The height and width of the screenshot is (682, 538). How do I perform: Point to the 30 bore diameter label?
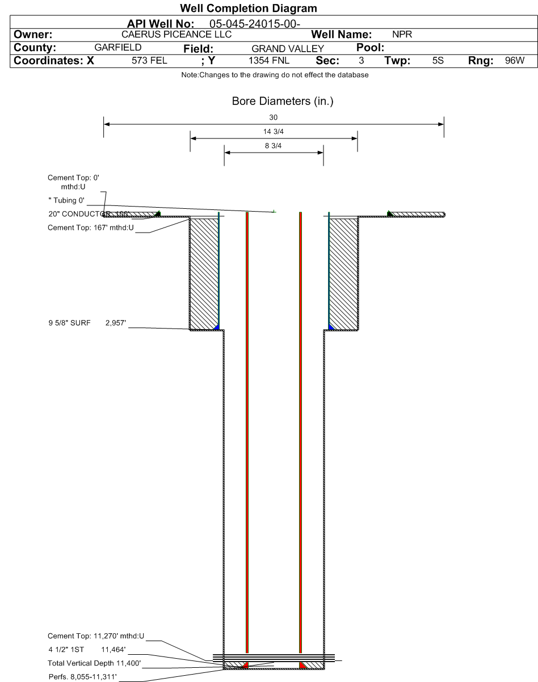[x=273, y=117]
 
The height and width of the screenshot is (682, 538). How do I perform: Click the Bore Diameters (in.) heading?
[x=273, y=102]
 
